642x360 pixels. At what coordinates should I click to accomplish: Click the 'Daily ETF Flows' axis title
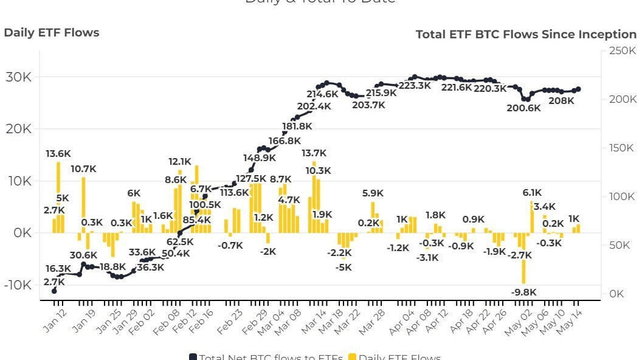(x=51, y=33)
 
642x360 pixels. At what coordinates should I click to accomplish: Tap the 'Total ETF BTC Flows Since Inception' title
(x=526, y=35)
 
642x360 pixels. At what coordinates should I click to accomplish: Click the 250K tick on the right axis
(x=622, y=50)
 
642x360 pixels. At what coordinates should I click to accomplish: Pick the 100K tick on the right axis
(x=622, y=196)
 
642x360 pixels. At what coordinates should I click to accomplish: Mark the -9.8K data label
(x=523, y=292)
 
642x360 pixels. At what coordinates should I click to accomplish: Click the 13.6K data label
(x=58, y=154)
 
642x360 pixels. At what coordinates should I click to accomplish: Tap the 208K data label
(x=561, y=101)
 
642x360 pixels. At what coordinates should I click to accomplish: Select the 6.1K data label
(x=533, y=193)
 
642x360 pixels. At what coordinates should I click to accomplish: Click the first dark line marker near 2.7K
(x=54, y=291)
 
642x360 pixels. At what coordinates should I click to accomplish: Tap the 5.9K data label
(x=373, y=193)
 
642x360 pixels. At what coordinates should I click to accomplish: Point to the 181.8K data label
(x=297, y=126)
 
